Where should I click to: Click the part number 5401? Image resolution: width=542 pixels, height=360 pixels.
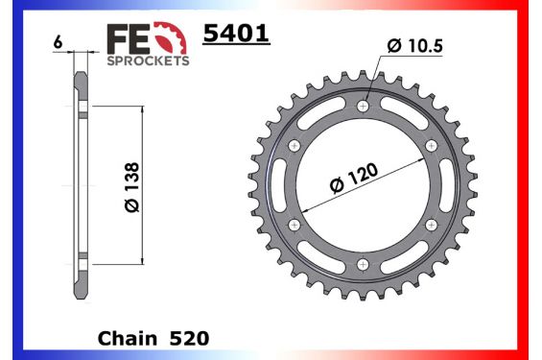point(235,36)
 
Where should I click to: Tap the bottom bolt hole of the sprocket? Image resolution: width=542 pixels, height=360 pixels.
point(363,264)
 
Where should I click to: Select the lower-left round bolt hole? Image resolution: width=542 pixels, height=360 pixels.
point(295,225)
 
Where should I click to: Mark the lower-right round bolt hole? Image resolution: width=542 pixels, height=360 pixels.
point(430,225)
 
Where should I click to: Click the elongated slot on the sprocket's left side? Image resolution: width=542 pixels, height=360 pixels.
point(278,185)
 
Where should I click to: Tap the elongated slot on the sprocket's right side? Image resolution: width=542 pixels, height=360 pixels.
point(447,185)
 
